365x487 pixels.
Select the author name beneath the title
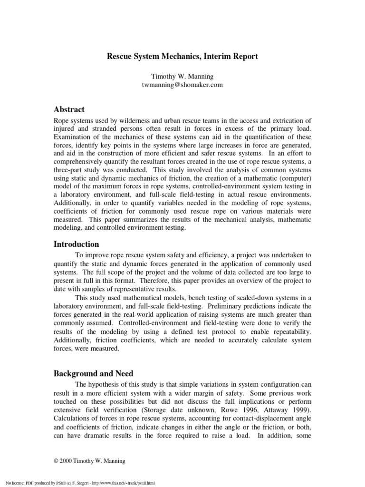(182, 76)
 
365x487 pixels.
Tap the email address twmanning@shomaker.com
(182, 85)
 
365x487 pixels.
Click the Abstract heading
(69, 109)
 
